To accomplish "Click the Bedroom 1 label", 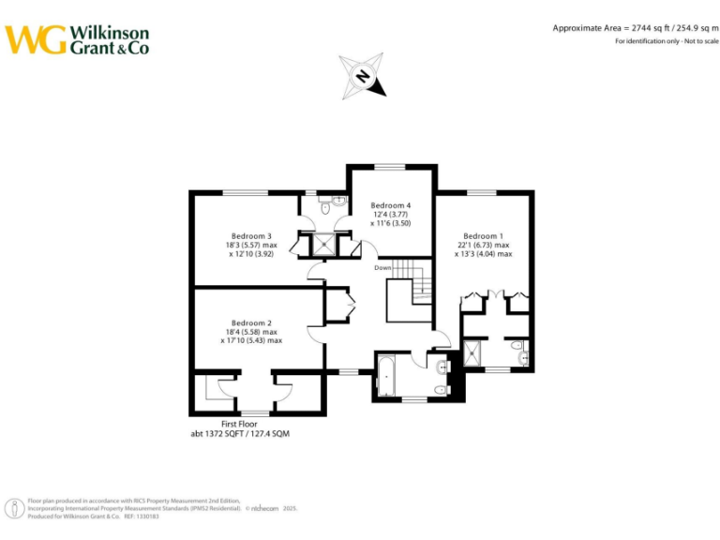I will (483, 235).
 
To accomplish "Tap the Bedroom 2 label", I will (251, 322).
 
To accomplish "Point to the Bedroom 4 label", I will (390, 205).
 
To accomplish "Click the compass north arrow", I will (364, 75).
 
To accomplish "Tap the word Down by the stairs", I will (382, 268).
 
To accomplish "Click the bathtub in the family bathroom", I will (386, 377).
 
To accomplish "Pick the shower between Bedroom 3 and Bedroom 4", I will (323, 244).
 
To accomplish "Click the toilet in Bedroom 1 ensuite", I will (520, 352).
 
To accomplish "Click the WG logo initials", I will (36, 39).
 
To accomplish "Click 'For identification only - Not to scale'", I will (667, 42).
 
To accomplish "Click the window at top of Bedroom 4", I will (390, 167).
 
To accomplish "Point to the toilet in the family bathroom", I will (440, 389).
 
